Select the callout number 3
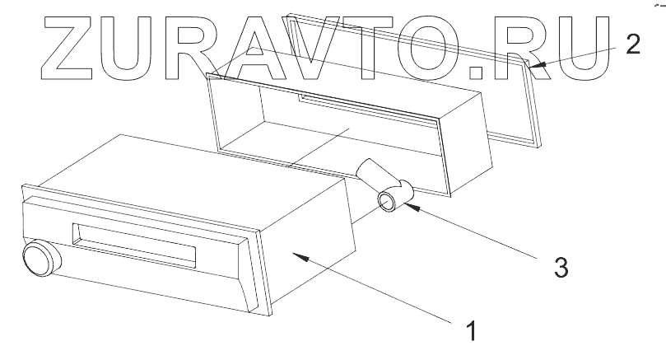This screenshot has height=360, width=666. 560,268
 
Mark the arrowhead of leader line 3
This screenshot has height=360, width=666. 409,208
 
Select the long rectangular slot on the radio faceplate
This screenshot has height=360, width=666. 135,246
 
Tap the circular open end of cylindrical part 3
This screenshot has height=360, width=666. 388,201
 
